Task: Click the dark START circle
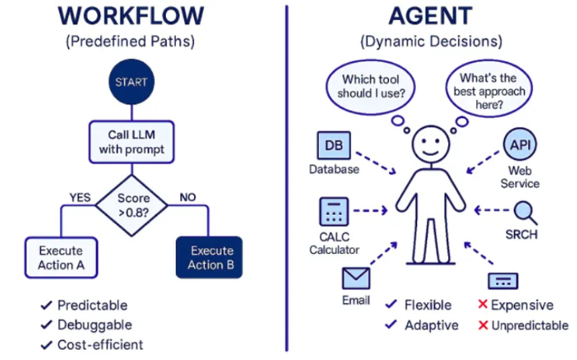click(131, 83)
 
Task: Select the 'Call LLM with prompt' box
click(131, 142)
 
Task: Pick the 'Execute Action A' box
click(61, 257)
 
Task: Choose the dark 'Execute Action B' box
click(209, 257)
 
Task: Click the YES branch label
click(80, 197)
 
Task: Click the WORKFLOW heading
click(130, 16)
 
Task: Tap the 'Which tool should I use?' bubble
click(371, 86)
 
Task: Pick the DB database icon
click(333, 145)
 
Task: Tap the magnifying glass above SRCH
click(523, 212)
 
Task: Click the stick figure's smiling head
click(430, 144)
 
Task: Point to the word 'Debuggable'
click(95, 324)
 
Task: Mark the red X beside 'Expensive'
click(482, 305)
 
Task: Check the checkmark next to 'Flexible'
click(392, 305)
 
